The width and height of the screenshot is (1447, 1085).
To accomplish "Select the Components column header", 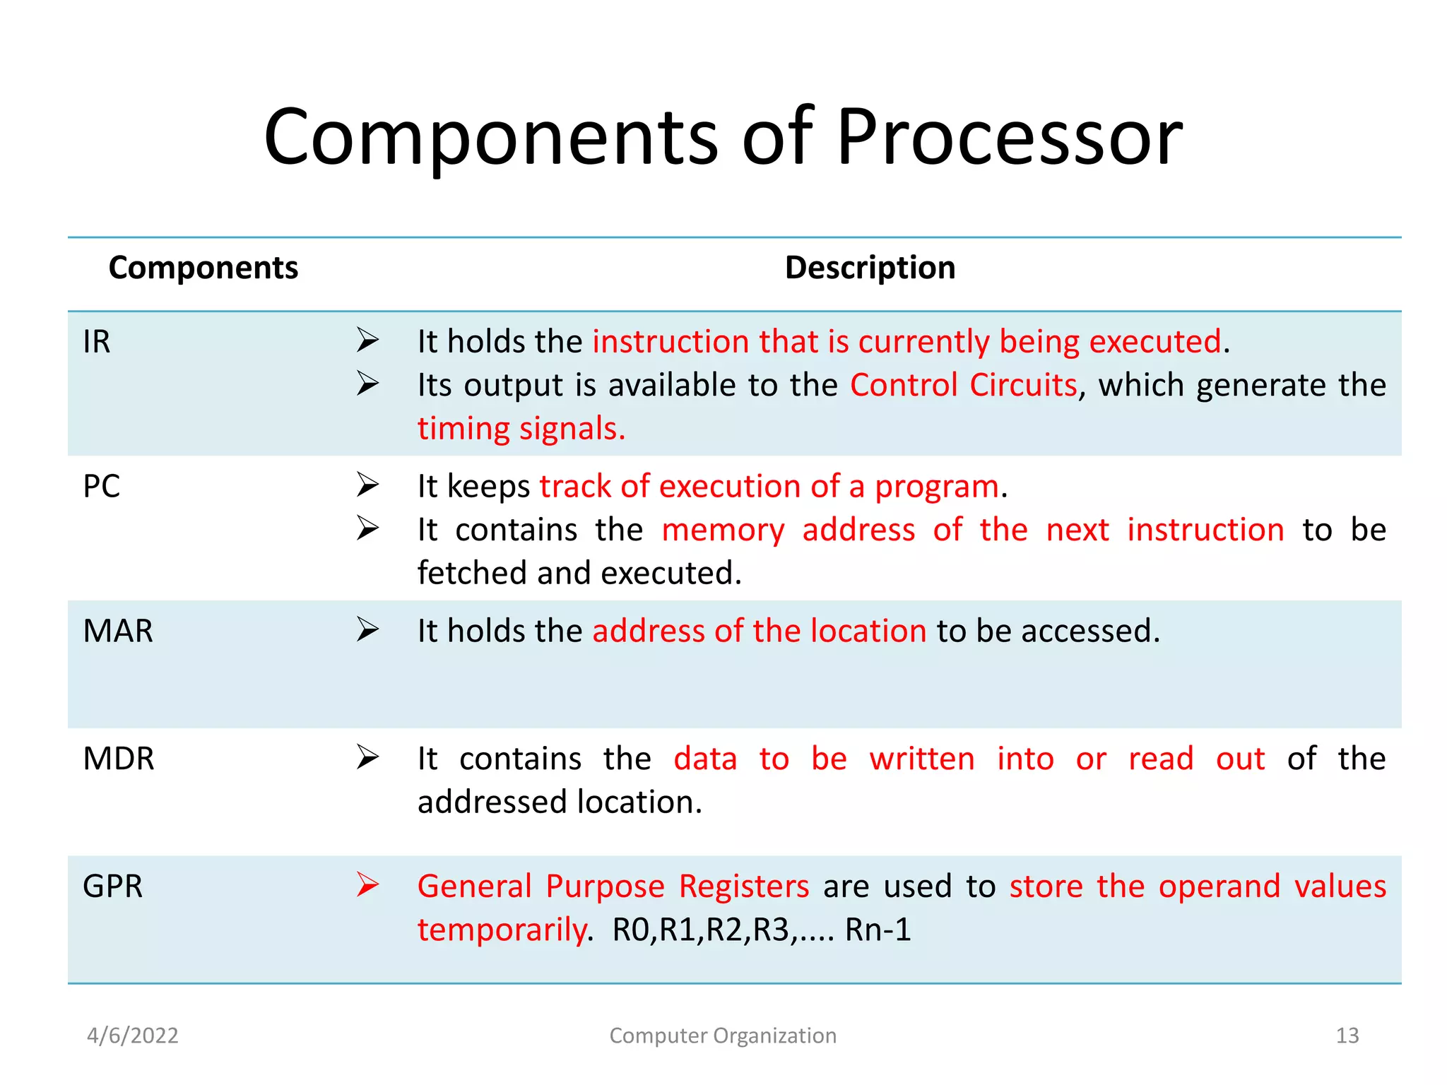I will coord(203,268).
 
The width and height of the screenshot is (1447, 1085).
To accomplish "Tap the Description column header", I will coord(870,268).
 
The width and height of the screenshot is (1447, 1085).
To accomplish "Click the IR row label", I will coord(97,342).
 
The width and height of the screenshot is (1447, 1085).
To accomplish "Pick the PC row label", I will coord(102,487).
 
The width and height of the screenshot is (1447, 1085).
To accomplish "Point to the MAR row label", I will coord(118,631).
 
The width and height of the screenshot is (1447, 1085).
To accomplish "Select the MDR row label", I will coord(119,759).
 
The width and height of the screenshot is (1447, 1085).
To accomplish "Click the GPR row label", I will coord(113,887).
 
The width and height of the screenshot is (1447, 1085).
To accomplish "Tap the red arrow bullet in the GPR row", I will coord(367,884).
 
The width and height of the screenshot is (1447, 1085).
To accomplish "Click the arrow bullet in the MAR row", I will coord(367,629).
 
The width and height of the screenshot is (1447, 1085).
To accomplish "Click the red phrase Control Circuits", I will coord(963,386).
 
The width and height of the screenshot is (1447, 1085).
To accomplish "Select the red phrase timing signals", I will coord(521,429).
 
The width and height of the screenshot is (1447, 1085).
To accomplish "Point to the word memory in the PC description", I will coord(723,530).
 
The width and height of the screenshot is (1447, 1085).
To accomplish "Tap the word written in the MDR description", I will coord(921,759).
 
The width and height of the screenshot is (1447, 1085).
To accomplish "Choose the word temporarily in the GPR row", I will coord(502,930).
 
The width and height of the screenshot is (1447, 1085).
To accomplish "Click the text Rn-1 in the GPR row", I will coord(878,930).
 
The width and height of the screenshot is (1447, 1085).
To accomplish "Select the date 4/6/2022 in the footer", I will coord(133,1036).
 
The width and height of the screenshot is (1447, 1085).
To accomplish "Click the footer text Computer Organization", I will coord(723,1036).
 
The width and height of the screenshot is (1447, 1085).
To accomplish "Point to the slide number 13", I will coord(1347,1036).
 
